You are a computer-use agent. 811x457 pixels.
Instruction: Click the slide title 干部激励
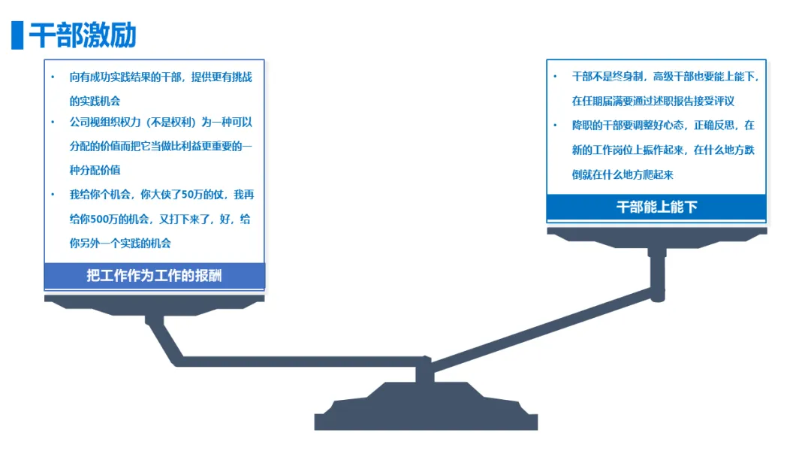pyautogui.click(x=83, y=35)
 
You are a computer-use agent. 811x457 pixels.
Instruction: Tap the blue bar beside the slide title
pyautogui.click(x=17, y=35)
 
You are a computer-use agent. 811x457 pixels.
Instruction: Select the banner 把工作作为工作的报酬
pyautogui.click(x=154, y=275)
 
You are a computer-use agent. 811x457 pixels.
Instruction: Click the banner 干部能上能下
pyautogui.click(x=656, y=207)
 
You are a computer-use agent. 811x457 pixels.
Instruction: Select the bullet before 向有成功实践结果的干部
pyautogui.click(x=53, y=77)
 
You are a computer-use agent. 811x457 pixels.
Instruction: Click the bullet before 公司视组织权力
pyautogui.click(x=53, y=123)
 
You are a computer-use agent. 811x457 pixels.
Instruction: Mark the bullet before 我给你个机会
pyautogui.click(x=53, y=195)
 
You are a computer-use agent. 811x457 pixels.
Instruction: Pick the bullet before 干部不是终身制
pyautogui.click(x=555, y=77)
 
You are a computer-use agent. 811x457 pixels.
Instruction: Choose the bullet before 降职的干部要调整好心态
pyautogui.click(x=555, y=126)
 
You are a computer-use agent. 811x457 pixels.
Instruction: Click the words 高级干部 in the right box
pyautogui.click(x=674, y=77)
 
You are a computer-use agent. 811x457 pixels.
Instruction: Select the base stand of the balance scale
pyautogui.click(x=426, y=413)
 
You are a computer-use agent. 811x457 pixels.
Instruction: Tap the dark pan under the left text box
pyautogui.click(x=154, y=302)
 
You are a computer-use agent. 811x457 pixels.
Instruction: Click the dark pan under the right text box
pyautogui.click(x=656, y=236)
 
